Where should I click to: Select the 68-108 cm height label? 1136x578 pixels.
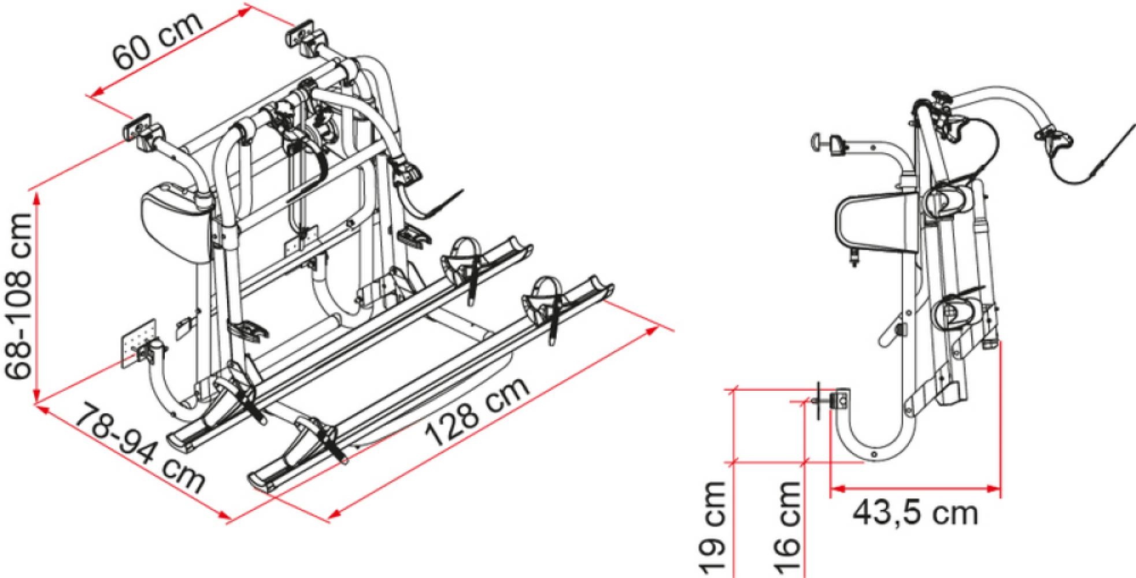(22, 295)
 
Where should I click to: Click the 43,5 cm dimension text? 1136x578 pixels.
(915, 513)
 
